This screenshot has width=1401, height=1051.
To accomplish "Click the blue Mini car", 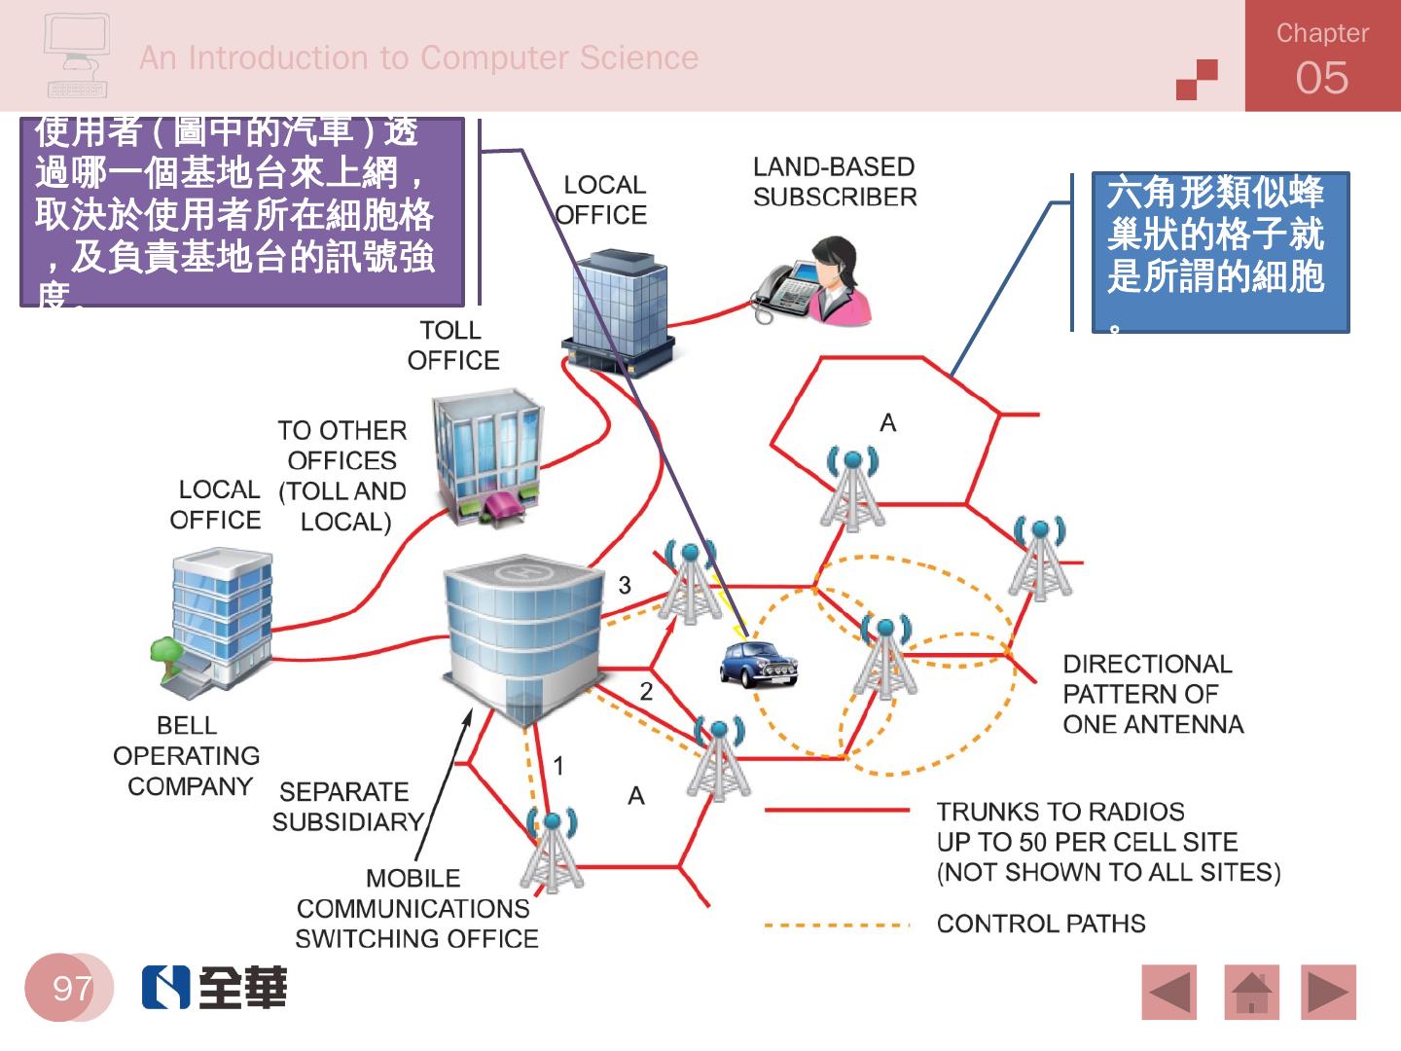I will (758, 665).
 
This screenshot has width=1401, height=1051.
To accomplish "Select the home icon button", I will (1251, 993).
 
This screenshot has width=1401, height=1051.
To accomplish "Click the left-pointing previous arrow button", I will (1169, 993).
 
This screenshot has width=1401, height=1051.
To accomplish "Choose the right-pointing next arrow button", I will (1328, 993).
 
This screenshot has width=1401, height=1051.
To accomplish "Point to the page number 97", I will (71, 989).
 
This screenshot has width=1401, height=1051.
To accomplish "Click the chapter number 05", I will (1322, 78).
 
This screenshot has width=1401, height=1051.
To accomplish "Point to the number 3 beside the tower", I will (625, 585).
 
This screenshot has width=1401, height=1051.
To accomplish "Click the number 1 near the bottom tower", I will (558, 766).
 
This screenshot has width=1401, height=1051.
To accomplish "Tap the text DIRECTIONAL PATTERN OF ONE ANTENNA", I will (1152, 694).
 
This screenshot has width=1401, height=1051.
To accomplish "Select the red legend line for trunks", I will (837, 810).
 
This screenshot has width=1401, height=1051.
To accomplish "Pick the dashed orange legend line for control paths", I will (837, 924).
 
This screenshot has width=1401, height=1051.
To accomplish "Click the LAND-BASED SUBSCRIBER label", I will (835, 182).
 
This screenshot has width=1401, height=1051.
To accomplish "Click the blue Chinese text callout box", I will (1220, 252).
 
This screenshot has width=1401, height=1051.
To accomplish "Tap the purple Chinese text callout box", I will (241, 213).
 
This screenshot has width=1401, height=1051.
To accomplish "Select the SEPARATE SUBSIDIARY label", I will (346, 807).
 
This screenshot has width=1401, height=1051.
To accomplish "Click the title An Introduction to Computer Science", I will (418, 58).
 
